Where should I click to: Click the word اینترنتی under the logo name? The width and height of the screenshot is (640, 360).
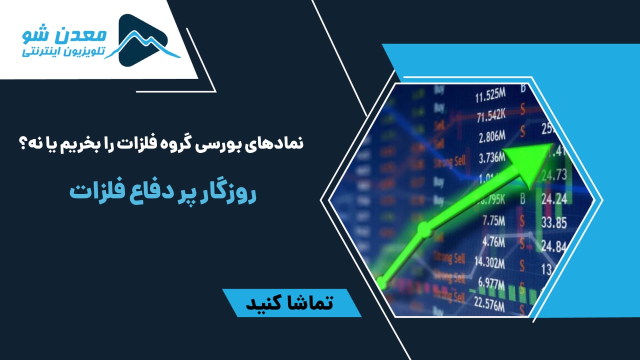(42, 52)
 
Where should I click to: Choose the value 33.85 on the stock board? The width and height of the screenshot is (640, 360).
(553, 221)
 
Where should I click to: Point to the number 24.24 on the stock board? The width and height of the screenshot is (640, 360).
(553, 198)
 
